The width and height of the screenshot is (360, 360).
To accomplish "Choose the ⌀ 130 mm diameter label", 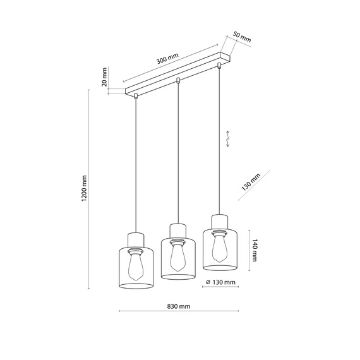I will coord(220,282).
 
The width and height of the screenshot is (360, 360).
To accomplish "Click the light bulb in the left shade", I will coord(136,265).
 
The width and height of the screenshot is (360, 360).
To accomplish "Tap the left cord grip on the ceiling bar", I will coord(136,96).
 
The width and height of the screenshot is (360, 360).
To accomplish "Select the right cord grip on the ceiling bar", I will coord(220,64).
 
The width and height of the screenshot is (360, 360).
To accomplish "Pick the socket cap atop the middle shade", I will coord(177,228).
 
